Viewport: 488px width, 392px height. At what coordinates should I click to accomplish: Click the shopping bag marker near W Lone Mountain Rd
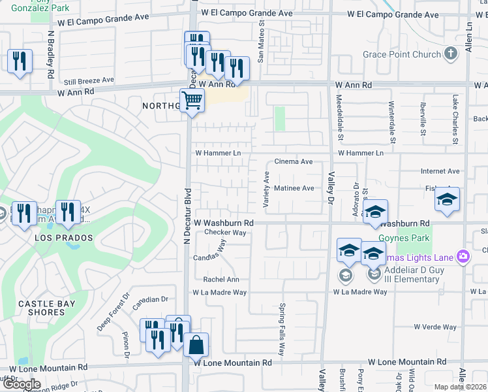click(x=196, y=344)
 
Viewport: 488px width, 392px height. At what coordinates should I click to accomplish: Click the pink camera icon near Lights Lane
click(x=463, y=255)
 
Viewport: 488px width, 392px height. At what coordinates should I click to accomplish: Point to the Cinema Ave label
click(x=294, y=161)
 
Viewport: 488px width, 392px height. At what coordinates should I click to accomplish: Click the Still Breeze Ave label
click(x=89, y=81)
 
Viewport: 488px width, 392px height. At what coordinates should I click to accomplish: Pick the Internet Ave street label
click(x=440, y=171)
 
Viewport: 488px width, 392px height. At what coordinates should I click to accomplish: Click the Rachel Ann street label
click(x=217, y=279)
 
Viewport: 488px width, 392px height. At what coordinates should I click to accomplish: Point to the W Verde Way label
click(x=433, y=327)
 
